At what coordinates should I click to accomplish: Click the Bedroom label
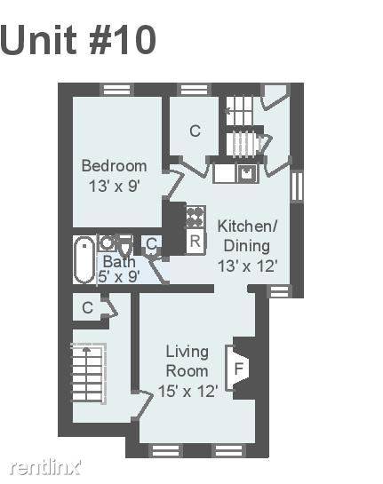[x=114, y=166]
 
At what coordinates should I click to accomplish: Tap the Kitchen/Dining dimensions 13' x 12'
[x=246, y=266]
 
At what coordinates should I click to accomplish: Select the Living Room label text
[x=188, y=361]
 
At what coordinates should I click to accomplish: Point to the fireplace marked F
[x=237, y=368]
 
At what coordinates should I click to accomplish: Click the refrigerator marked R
[x=195, y=241]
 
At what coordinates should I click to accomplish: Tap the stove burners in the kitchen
[x=195, y=217]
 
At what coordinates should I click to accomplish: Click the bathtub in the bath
[x=84, y=259]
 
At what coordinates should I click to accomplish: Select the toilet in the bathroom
[x=125, y=244]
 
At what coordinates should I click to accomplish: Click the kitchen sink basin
[x=247, y=173]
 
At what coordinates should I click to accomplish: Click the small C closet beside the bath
[x=152, y=244]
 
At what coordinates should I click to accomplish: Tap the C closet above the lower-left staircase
[x=88, y=307]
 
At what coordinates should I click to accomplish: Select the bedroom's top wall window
[x=116, y=90]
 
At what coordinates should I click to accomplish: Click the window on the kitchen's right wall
[x=297, y=186]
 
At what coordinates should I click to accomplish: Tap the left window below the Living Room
[x=165, y=450]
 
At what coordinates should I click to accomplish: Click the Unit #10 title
[x=78, y=40]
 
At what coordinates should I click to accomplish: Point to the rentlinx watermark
[x=45, y=467]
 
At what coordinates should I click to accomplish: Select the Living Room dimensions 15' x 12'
[x=188, y=391]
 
